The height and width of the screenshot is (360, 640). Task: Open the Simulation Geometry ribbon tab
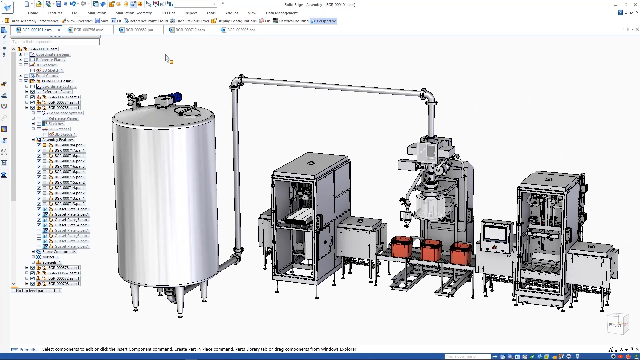134,13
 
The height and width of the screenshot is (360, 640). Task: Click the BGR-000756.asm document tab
88,30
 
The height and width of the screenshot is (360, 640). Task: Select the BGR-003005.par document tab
241,30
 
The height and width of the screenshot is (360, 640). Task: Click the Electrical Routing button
291,21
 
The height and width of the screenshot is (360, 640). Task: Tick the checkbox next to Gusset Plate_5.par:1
39,231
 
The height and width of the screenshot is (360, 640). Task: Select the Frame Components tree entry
59,252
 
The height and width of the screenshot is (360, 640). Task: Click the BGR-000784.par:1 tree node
70,145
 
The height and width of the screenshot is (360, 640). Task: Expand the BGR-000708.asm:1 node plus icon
27,284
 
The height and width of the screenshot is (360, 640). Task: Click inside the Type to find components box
55,42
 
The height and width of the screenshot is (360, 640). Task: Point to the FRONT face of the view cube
615,325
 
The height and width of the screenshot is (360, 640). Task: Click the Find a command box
467,356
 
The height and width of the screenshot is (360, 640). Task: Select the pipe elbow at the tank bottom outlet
235,258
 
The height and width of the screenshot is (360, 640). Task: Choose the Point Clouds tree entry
47,76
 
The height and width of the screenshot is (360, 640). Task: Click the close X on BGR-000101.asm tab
59,30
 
